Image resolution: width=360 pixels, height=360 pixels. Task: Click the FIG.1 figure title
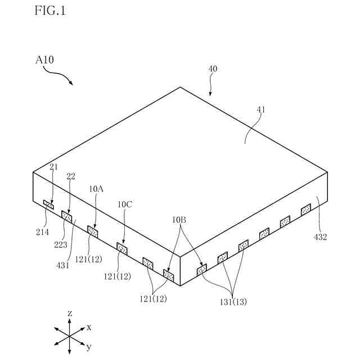click(x=50, y=11)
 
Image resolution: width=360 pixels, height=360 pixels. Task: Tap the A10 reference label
click(x=44, y=59)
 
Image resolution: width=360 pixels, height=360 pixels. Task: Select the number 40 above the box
click(x=213, y=69)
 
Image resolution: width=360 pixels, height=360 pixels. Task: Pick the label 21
click(x=53, y=166)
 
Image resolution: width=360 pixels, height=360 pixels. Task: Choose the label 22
click(x=71, y=177)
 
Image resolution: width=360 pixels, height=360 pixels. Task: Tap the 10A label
click(x=96, y=190)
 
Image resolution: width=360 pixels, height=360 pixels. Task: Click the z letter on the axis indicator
click(x=69, y=312)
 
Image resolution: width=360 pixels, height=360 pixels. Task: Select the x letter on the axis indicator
click(x=89, y=326)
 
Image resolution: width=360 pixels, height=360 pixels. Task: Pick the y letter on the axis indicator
click(x=89, y=346)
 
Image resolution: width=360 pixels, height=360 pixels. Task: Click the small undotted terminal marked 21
click(x=48, y=204)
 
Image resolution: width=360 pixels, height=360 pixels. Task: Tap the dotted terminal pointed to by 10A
click(x=93, y=231)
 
